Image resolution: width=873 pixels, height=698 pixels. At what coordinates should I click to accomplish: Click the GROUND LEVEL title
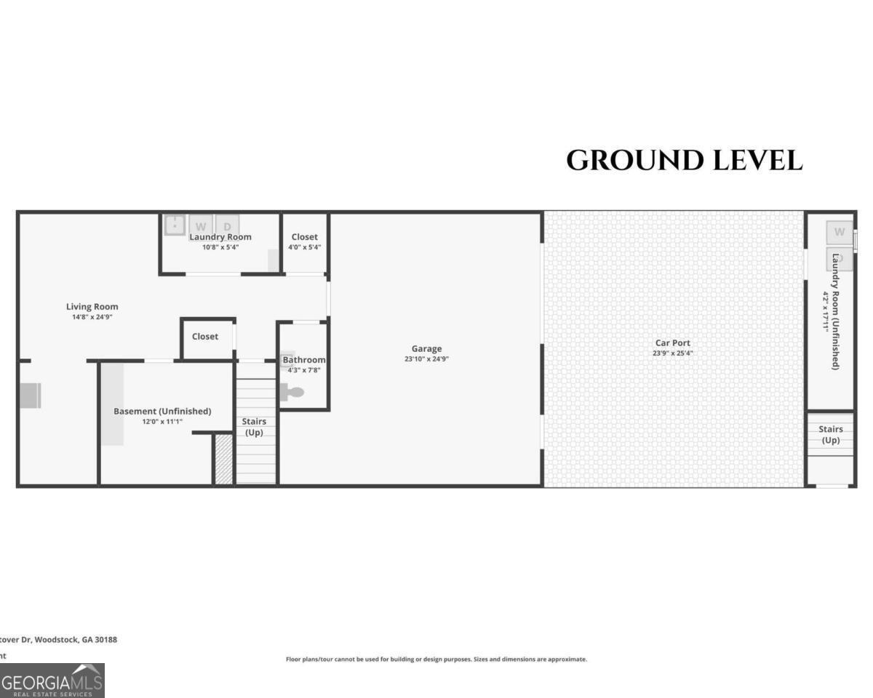click(684, 161)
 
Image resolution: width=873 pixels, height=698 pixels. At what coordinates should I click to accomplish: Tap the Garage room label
click(426, 349)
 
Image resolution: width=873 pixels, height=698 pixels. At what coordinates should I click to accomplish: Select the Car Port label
click(672, 343)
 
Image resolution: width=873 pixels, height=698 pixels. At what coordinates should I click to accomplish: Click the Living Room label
click(92, 307)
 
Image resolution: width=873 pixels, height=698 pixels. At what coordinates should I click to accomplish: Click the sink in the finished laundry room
click(175, 225)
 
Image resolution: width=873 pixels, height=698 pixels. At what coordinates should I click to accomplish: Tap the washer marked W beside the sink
click(201, 226)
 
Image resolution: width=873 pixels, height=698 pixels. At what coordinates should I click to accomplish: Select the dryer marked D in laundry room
click(228, 226)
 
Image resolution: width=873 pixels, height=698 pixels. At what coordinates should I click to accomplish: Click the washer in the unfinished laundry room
click(839, 233)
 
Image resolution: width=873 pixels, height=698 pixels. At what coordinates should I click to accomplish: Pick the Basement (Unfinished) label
click(162, 412)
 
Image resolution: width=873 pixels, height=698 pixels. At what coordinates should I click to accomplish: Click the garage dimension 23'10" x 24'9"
click(426, 359)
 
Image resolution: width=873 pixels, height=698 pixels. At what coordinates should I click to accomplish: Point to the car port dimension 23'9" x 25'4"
click(672, 354)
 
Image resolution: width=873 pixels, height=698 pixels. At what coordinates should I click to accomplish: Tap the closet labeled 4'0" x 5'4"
click(304, 242)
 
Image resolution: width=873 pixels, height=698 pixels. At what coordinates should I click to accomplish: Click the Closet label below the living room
click(205, 337)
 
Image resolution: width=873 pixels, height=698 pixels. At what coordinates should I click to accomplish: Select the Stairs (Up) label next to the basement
click(254, 427)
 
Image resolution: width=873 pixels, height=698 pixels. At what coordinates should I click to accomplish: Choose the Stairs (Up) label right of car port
click(830, 435)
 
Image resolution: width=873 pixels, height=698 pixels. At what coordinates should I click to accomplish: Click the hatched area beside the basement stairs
click(224, 459)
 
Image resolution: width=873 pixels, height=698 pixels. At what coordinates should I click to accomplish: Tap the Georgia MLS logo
click(52, 681)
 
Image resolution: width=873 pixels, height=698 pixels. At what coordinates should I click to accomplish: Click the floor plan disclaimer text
click(436, 659)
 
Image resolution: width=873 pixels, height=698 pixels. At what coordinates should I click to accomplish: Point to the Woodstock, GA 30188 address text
click(58, 640)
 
